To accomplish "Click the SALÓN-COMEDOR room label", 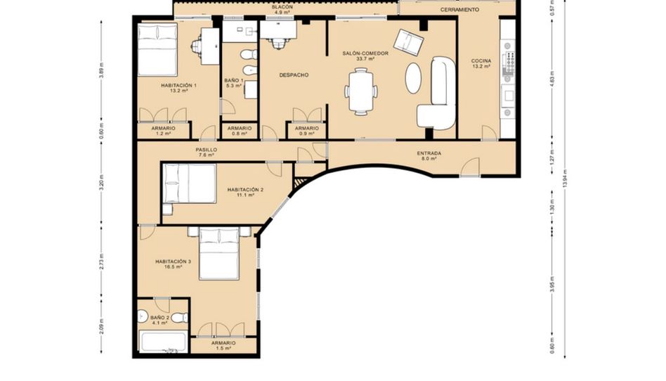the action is coord(365,53).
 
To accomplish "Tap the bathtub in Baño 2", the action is coord(164,342).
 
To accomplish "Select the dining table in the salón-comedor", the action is coord(361,92).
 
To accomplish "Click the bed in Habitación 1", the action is coord(157,50).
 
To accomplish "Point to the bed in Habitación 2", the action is coord(190,183).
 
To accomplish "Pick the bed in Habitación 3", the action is coord(219,254).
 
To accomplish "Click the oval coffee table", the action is coord(413,78).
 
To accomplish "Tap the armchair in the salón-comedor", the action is coord(409,41).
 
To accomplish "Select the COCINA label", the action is coord(481,61).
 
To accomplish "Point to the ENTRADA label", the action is coord(429,153).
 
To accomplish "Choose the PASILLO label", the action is coord(207,150).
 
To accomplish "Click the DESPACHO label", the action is coord(294,75).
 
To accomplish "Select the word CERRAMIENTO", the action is coord(459,9).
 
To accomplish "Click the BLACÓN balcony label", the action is coord(282,7).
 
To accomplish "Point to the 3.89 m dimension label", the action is coord(101,70).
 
